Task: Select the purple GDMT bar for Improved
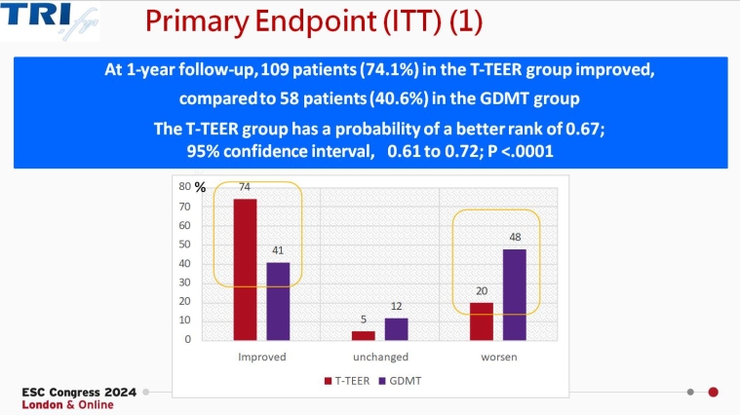pyautogui.click(x=278, y=301)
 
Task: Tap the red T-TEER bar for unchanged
pyautogui.click(x=363, y=335)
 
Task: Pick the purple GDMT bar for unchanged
pyautogui.click(x=396, y=329)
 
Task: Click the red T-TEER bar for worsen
pyautogui.click(x=481, y=321)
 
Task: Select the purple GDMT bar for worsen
pyautogui.click(x=514, y=294)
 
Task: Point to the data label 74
pyautogui.click(x=245, y=189)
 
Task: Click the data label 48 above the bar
pyautogui.click(x=514, y=238)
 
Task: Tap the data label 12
pyautogui.click(x=396, y=307)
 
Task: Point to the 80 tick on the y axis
pyautogui.click(x=185, y=187)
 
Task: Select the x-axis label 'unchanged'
pyautogui.click(x=379, y=357)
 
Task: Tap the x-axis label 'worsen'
pyautogui.click(x=497, y=357)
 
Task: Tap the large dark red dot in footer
pyautogui.click(x=713, y=393)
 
